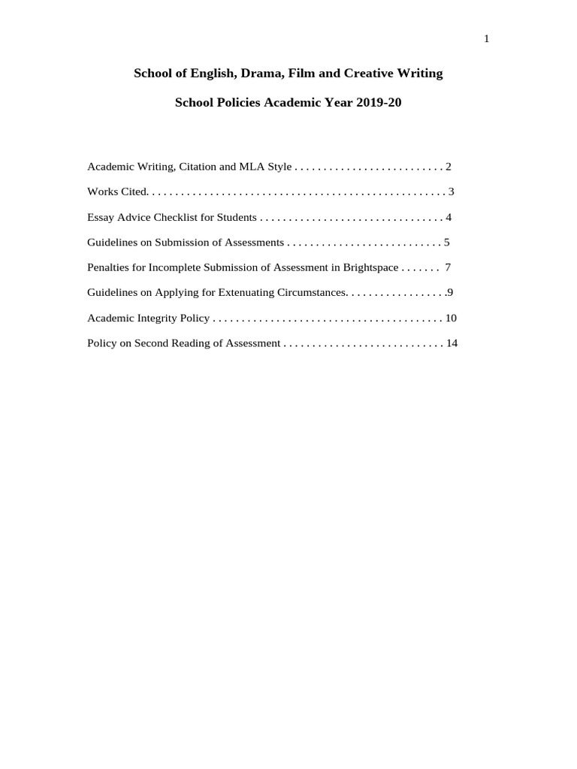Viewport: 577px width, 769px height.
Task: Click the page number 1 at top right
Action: [487, 39]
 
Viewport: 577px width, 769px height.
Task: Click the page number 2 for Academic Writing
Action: [449, 167]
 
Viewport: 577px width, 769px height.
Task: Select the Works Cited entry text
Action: [117, 191]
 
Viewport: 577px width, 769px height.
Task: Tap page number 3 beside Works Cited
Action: [452, 191]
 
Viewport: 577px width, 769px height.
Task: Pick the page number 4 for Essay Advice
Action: [449, 218]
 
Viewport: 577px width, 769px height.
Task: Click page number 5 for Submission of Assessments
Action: [446, 243]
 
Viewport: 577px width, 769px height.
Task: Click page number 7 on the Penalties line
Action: [448, 267]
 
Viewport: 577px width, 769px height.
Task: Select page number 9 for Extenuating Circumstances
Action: [450, 293]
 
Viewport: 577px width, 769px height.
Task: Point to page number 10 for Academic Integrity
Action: [451, 318]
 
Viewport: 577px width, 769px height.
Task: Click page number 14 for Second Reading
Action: [452, 344]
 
